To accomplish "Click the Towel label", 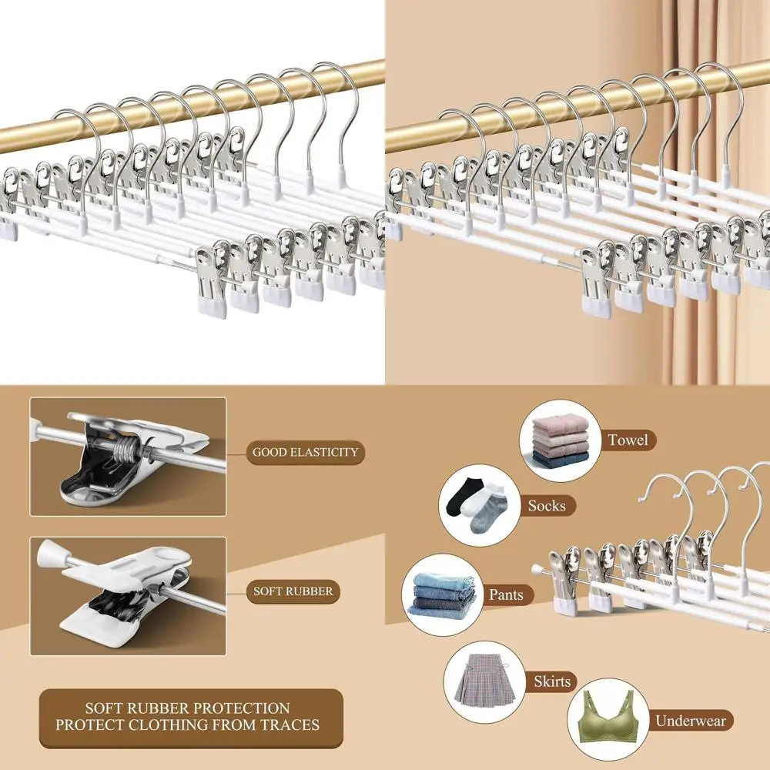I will [628, 440].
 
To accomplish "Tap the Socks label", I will [547, 506].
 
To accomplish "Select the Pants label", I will [506, 594].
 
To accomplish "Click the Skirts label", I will [552, 681].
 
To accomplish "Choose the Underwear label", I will [690, 721].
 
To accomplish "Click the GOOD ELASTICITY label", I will [306, 452].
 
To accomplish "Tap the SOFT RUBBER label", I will [293, 591].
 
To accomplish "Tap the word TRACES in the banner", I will [288, 725].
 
